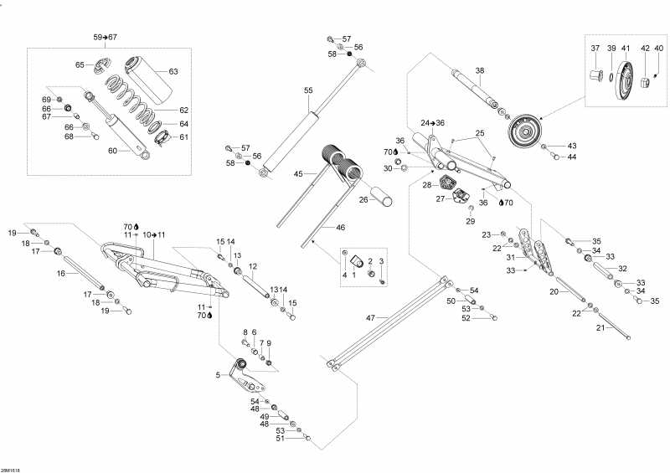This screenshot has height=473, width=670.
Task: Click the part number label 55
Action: [x=308, y=90]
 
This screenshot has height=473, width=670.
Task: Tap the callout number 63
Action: [x=173, y=71]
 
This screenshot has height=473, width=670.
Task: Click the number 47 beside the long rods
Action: [x=371, y=318]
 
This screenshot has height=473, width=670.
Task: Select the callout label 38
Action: [x=480, y=70]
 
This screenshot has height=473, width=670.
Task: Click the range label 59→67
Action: [x=105, y=38]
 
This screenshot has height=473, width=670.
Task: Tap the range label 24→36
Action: [x=432, y=123]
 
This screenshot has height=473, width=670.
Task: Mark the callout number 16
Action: [x=61, y=273]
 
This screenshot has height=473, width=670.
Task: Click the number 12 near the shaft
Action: [x=252, y=266]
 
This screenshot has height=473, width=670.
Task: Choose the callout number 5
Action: [x=218, y=375]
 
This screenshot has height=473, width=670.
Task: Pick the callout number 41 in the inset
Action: [x=625, y=49]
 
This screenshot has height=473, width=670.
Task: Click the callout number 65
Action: [x=80, y=64]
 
